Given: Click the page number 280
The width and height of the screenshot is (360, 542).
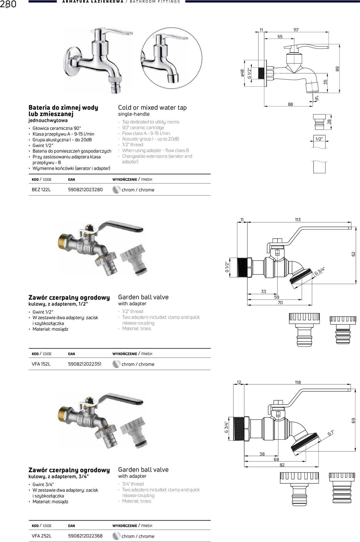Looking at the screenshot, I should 8,4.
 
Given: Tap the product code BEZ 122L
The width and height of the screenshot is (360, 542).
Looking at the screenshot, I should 41,190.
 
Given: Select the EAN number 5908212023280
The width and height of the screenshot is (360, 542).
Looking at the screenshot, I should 85,190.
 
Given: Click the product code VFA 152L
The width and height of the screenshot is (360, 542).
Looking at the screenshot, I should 41,364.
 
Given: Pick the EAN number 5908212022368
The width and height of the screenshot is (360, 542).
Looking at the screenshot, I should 85,536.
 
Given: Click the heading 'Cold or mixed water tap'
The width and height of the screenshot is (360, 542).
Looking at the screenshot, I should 152,107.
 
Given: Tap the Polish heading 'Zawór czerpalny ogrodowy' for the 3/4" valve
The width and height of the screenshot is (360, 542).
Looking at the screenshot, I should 69,470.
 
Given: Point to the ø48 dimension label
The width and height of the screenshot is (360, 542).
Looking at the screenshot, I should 242,73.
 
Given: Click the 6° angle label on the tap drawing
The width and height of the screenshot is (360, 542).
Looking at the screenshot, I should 317,98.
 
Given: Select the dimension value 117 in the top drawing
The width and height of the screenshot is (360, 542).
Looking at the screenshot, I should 296,30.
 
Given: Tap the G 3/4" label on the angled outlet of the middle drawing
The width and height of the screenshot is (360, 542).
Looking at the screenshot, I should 319,271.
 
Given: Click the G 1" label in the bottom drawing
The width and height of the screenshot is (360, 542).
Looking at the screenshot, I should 330,433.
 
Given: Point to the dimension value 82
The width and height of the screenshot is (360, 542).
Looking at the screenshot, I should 282,465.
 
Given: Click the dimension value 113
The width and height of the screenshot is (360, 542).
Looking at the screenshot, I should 298,220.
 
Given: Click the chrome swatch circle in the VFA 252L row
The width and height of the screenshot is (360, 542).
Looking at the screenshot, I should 116,536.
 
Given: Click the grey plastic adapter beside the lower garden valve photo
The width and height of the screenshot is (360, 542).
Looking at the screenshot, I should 133,433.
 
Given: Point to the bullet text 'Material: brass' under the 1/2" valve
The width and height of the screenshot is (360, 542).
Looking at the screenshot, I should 137,329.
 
